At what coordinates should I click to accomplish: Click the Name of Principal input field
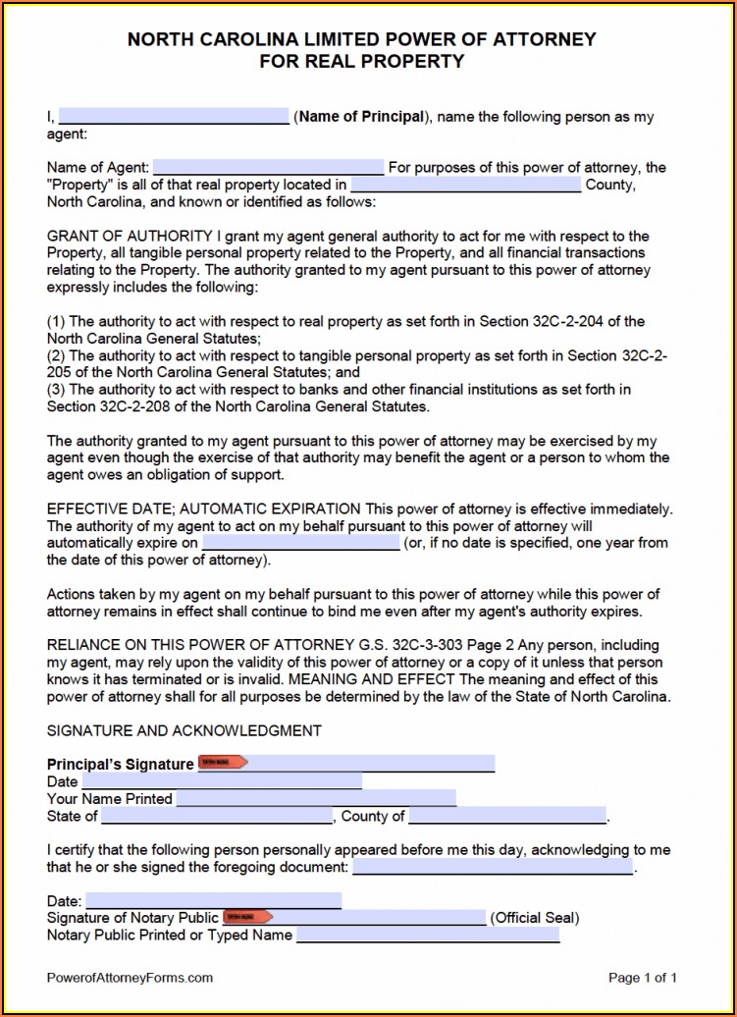(173, 116)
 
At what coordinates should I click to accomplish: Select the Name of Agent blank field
(268, 167)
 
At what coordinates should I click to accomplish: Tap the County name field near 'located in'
(465, 184)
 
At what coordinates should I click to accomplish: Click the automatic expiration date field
(300, 542)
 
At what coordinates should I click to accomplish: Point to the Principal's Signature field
(371, 764)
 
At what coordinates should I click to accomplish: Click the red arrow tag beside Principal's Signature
(223, 763)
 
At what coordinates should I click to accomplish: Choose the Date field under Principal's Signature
(221, 781)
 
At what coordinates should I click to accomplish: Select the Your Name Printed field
(315, 798)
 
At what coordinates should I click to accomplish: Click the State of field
(217, 816)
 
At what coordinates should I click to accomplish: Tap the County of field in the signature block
(507, 816)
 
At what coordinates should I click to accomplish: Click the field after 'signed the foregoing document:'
(492, 867)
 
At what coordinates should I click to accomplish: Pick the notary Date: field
(213, 900)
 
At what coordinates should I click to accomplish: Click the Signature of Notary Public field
(378, 918)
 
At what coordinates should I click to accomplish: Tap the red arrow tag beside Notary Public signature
(247, 917)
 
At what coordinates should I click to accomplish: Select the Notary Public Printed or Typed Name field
(427, 935)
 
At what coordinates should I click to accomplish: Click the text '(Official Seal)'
(535, 918)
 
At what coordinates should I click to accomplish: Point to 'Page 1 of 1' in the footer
(643, 978)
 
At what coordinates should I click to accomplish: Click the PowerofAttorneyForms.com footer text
(130, 978)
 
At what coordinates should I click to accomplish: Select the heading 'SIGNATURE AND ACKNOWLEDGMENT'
(184, 730)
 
